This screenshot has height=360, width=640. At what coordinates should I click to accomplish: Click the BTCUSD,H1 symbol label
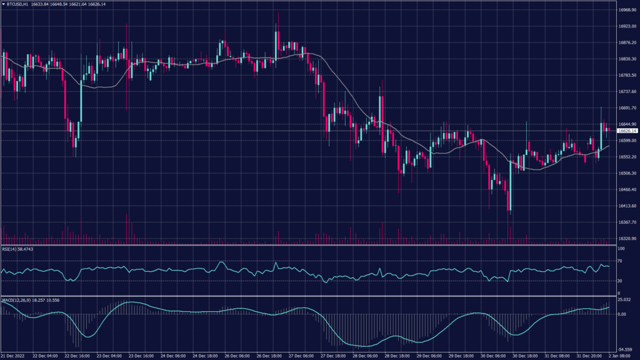pyautogui.click(x=19, y=4)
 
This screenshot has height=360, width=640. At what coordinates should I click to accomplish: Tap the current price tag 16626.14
pyautogui.click(x=626, y=131)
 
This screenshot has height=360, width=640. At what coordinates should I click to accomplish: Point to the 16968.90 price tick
pyautogui.click(x=626, y=10)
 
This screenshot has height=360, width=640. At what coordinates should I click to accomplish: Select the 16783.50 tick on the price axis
pyautogui.click(x=626, y=76)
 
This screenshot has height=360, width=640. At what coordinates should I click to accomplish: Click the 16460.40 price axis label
pyautogui.click(x=626, y=189)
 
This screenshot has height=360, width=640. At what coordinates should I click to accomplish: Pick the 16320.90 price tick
pyautogui.click(x=626, y=239)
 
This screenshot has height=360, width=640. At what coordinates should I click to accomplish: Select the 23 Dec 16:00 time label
pyautogui.click(x=141, y=356)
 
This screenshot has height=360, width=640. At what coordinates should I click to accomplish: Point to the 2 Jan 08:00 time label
pyautogui.click(x=619, y=356)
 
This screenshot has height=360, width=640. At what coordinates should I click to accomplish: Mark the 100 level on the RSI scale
pyautogui.click(x=621, y=249)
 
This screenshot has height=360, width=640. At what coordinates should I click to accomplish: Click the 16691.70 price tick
pyautogui.click(x=626, y=108)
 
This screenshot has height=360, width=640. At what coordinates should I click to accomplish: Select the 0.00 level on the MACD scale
pyautogui.click(x=622, y=314)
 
